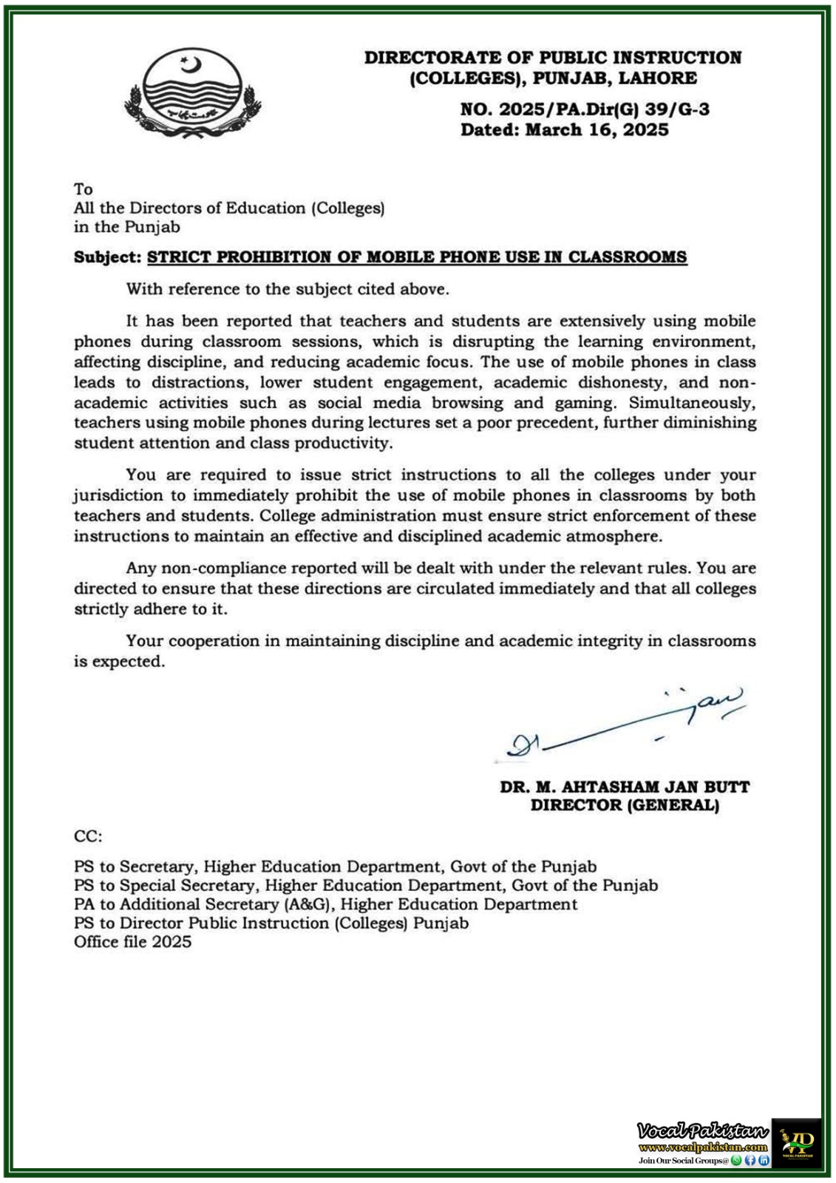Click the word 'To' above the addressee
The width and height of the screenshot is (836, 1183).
(83, 189)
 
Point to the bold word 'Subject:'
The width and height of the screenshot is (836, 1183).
(107, 257)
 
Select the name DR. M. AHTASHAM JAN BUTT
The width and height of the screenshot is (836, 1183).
(625, 787)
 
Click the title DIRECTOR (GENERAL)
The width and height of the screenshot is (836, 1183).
(625, 805)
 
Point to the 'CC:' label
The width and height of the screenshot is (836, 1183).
(88, 836)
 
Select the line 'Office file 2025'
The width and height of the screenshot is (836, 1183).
(132, 942)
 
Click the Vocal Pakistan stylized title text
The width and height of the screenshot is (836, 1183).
(702, 1130)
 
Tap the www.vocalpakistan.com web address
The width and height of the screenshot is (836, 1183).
(702, 1148)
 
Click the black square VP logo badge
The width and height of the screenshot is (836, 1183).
(796, 1142)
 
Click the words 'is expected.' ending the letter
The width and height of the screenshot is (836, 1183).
(119, 662)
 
